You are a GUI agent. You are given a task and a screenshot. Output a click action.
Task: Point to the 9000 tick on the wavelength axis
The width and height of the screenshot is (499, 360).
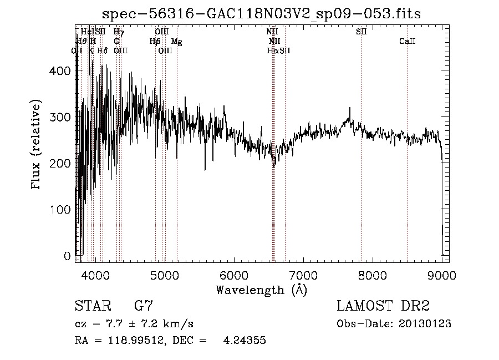click(442, 275)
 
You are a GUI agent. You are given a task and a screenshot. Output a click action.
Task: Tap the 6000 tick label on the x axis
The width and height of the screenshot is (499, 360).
click(233, 275)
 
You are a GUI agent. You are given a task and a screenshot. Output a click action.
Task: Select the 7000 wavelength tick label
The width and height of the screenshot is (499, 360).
click(303, 275)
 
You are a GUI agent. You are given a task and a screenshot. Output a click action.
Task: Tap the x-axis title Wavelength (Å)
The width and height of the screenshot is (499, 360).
click(261, 290)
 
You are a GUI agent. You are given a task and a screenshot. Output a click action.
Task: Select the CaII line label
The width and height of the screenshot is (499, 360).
click(408, 42)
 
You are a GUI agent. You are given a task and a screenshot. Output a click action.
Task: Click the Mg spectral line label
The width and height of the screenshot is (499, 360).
click(176, 42)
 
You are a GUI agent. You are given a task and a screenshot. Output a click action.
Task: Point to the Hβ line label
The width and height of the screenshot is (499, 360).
click(155, 42)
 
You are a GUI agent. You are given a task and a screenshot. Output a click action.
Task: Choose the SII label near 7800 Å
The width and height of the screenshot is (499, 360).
click(361, 32)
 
